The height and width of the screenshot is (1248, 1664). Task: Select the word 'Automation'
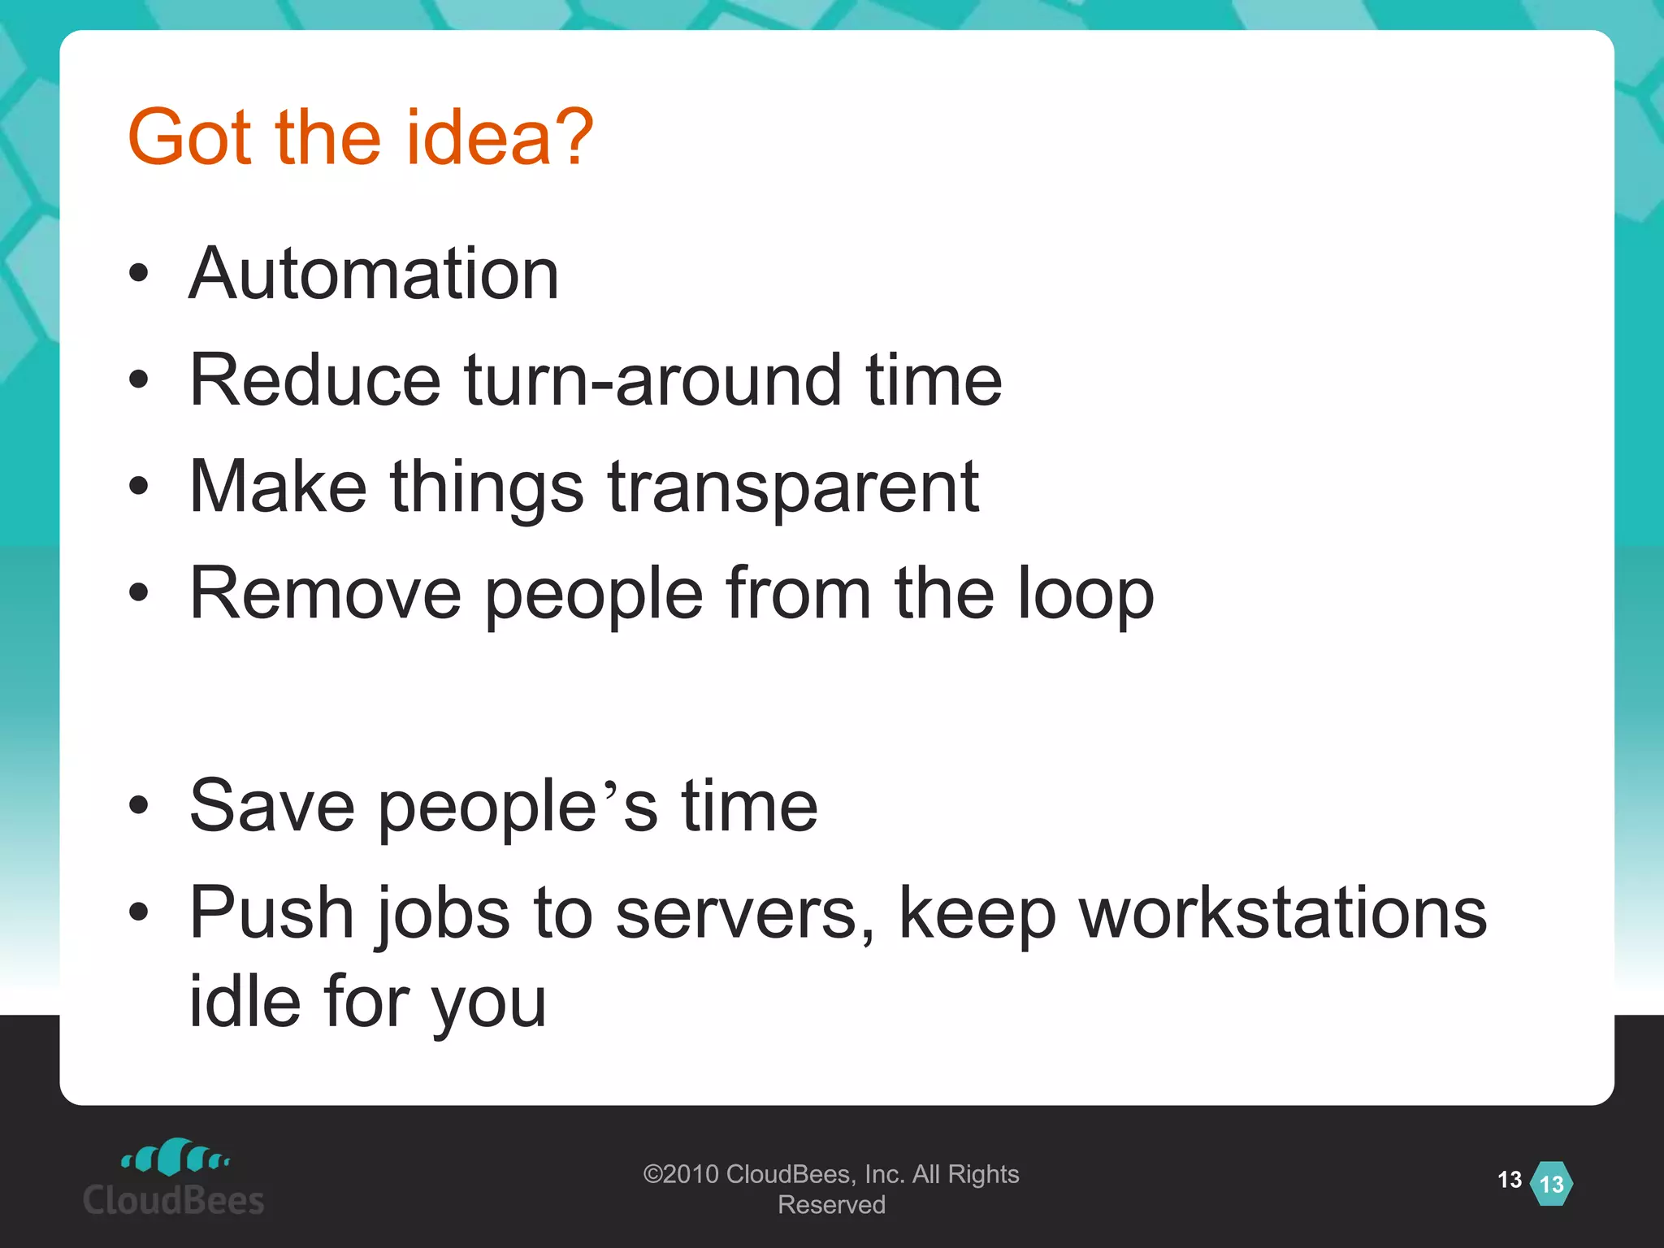[x=374, y=274]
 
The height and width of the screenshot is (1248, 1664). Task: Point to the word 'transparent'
[x=793, y=487]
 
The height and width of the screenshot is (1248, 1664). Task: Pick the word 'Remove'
[x=325, y=593]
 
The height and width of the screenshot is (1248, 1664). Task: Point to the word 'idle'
[x=245, y=1001]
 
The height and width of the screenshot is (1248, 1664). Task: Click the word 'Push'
[x=271, y=913]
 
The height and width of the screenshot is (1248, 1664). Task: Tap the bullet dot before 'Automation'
[x=139, y=274]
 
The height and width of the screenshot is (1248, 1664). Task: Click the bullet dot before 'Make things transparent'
[x=139, y=486]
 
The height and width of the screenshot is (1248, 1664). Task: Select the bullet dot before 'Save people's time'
[x=139, y=805]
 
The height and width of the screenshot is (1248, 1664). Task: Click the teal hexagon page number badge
[x=1551, y=1184]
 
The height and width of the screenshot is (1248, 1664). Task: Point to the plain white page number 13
[x=1510, y=1180]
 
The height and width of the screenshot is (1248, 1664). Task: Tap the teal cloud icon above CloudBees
[x=175, y=1157]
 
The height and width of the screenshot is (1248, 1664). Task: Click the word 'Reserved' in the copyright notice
[x=831, y=1205]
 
